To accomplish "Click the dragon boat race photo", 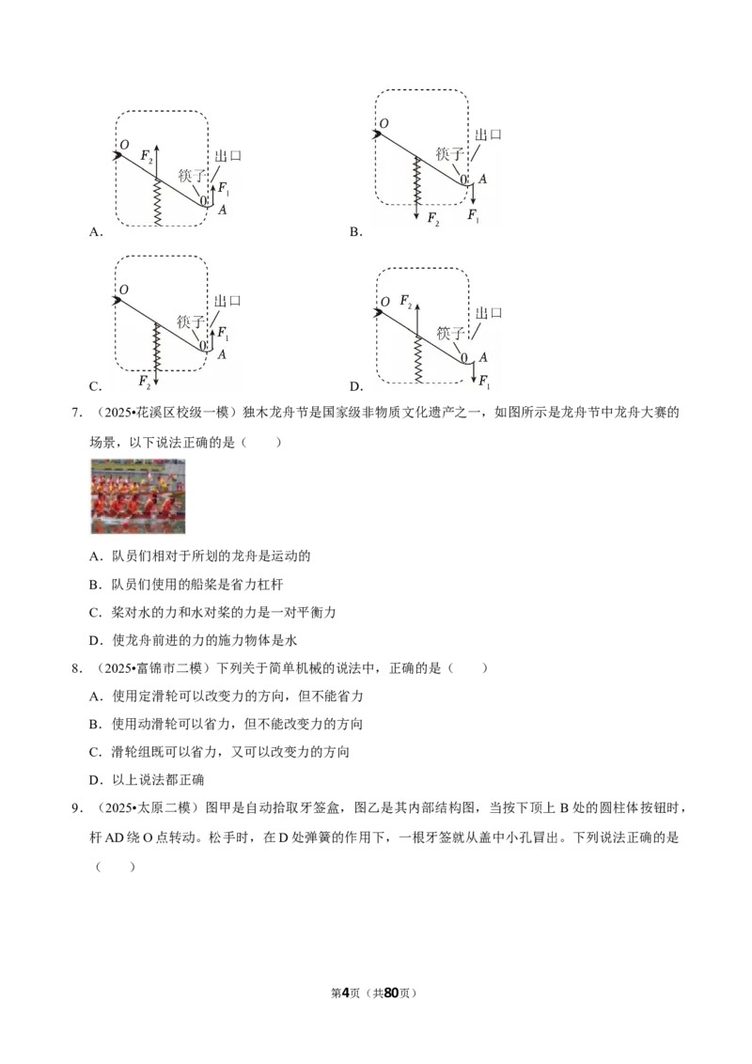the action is click(x=138, y=496).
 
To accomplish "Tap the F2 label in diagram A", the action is click(x=147, y=156).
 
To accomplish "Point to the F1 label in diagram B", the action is click(x=473, y=216).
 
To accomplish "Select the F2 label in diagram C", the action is click(x=145, y=382).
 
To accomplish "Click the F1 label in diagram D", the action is click(x=484, y=382).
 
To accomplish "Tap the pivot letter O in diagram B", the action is click(x=384, y=123).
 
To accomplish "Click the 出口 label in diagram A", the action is click(x=228, y=155).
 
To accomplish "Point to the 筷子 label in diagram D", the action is click(x=450, y=333).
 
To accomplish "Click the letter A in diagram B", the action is click(x=482, y=180).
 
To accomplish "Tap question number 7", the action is click(x=77, y=413).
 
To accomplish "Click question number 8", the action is click(x=77, y=668).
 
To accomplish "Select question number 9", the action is click(x=77, y=808).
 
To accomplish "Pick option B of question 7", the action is click(x=186, y=585).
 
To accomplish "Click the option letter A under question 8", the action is click(x=94, y=696).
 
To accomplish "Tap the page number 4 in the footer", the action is click(x=346, y=993).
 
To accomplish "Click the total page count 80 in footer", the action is click(x=391, y=993).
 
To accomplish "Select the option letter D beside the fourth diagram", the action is click(x=355, y=387).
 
